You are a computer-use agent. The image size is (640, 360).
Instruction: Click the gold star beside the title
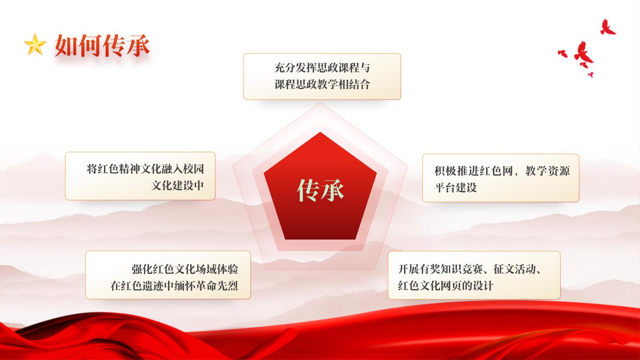tap(35, 44)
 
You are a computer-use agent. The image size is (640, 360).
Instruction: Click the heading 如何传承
tap(102, 45)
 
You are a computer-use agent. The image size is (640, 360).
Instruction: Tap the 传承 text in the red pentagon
tap(320, 190)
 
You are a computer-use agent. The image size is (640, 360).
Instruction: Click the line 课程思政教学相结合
tap(322, 84)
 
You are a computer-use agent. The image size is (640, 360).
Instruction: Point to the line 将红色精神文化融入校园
tap(145, 169)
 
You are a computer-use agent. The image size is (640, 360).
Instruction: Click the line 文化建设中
tap(177, 185)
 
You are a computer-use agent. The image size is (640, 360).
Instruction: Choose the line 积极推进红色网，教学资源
tap(502, 171)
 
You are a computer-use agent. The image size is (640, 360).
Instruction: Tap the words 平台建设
tap(456, 188)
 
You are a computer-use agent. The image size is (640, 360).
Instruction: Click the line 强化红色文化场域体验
tap(184, 269)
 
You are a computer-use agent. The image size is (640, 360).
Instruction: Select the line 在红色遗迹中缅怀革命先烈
tap(174, 286)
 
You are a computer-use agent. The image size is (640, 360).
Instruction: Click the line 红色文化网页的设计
tap(445, 286)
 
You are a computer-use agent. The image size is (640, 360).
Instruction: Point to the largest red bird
tap(584, 54)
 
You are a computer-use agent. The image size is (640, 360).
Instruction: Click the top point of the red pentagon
tap(320, 132)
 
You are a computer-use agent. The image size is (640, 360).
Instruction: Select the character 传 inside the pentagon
tap(308, 190)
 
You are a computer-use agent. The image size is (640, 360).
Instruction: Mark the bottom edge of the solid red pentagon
tap(320, 239)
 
